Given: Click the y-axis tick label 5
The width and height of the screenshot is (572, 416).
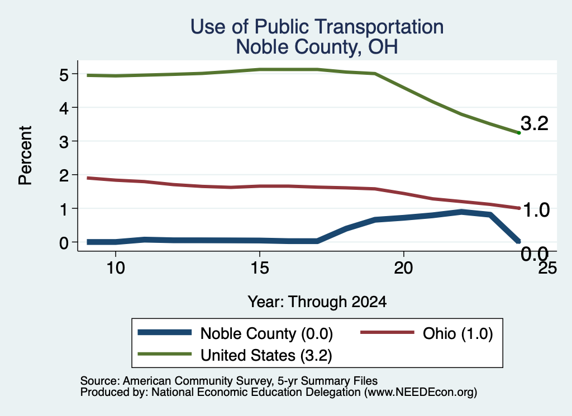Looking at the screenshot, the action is point(64,75).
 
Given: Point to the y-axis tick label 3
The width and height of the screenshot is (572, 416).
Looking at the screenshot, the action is point(64,142).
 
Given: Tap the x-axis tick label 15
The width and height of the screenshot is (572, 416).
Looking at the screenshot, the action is point(260,269).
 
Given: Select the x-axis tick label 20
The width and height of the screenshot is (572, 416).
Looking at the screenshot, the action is point(403,269).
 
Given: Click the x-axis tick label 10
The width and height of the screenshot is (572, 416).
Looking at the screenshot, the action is point(116,269).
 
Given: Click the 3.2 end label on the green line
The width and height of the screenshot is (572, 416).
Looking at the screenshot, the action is point(535,123).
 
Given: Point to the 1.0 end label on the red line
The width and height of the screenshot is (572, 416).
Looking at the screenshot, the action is point(536,210).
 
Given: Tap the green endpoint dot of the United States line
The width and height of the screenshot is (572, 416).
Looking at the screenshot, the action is point(519,133).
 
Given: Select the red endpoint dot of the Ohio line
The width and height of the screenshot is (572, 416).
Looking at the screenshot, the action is point(519,208).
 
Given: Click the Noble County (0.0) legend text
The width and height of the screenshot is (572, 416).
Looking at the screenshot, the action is point(266,333).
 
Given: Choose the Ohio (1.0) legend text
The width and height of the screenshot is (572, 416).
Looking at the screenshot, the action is point(458,333).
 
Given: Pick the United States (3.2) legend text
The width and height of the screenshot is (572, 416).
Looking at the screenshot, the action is point(266,355).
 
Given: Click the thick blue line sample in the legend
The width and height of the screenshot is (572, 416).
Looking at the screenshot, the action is point(165,332).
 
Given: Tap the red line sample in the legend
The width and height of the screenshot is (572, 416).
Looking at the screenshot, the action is point(388,332).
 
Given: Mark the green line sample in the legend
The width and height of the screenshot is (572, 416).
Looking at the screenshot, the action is point(165,353).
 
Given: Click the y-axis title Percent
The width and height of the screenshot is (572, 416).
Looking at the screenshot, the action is point(25,156).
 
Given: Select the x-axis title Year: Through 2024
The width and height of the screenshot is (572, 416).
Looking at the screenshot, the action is point(317,302).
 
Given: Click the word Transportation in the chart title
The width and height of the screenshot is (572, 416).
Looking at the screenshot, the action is point(379,27).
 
